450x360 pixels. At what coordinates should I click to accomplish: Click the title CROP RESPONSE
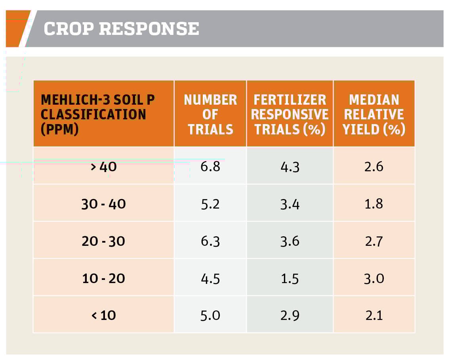121,29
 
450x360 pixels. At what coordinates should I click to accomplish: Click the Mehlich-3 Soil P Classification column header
98,114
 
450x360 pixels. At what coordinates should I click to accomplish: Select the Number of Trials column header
210,114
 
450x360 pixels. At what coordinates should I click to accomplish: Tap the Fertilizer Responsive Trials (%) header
290,114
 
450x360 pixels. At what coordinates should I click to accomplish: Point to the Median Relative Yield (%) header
374,114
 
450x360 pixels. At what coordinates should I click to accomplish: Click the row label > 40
103,167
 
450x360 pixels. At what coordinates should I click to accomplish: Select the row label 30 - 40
103,204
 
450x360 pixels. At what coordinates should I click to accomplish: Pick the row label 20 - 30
103,241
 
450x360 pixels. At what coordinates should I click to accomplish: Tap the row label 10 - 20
103,278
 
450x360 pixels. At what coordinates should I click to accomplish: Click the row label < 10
103,316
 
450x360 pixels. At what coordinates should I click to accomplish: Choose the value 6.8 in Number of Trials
210,167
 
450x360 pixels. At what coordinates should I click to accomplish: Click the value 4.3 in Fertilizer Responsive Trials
290,167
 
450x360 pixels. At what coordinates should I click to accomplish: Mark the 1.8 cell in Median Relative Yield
374,204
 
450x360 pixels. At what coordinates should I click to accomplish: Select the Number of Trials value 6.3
210,241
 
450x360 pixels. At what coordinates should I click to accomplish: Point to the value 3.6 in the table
290,241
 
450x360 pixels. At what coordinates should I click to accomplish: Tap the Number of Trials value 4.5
210,278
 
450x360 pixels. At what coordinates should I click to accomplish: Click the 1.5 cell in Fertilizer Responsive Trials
290,278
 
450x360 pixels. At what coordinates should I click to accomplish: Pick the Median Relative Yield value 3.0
374,278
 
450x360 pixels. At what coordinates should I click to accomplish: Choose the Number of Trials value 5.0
210,316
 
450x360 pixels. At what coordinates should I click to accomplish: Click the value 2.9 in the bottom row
290,316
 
